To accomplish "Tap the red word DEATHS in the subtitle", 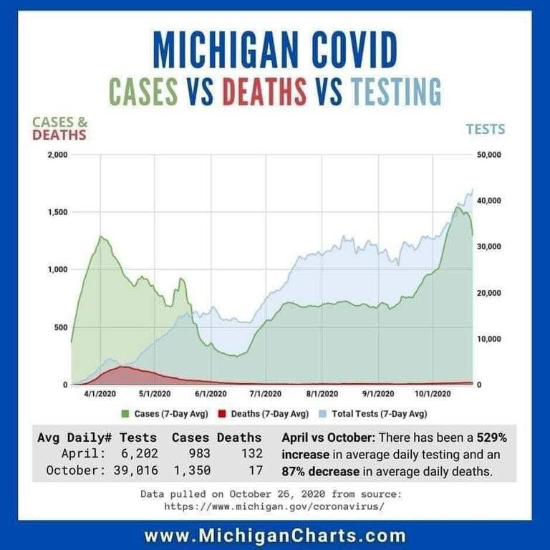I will pos(264,92).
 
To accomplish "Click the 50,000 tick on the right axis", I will pos(489,155).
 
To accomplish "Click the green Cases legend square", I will pos(127,413).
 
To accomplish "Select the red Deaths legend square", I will pos(221,413).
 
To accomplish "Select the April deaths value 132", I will pos(251,453).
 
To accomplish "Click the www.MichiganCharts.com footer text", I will pos(275,535).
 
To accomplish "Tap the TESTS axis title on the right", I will pos(486,130).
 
